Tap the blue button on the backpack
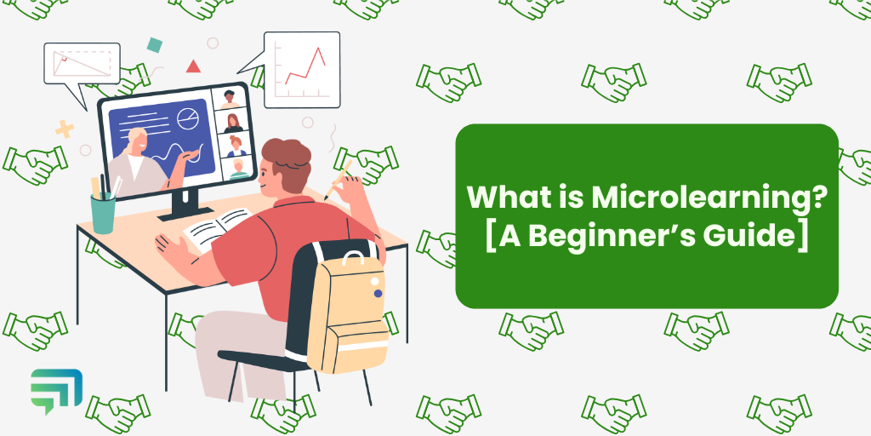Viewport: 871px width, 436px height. [x=378, y=293]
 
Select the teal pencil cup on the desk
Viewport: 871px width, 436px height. [x=103, y=212]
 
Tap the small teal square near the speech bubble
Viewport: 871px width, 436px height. [x=155, y=44]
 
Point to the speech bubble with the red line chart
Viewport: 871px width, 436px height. [x=300, y=70]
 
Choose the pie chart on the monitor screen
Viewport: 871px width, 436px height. [x=187, y=120]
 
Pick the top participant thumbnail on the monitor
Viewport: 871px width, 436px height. [x=230, y=98]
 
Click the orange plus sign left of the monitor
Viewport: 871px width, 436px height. [x=64, y=129]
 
